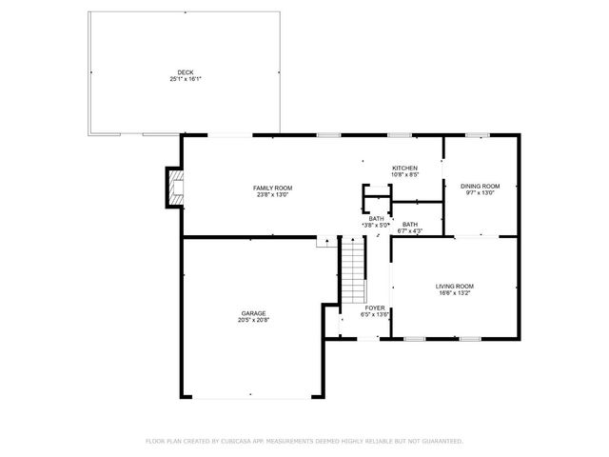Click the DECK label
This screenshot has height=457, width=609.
(x=185, y=72)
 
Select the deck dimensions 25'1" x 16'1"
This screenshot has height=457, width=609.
(x=185, y=79)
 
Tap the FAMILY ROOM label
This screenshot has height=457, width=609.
(x=271, y=188)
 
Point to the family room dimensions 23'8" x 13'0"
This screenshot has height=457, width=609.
(x=271, y=194)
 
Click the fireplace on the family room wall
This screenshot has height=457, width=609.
(x=172, y=188)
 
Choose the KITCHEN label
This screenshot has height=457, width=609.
(x=405, y=169)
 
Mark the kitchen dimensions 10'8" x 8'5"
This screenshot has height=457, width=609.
(x=405, y=175)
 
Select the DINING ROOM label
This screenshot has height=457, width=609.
(x=481, y=186)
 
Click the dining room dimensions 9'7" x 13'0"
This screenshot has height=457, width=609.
(x=481, y=192)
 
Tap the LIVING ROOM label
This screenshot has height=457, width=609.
(x=455, y=286)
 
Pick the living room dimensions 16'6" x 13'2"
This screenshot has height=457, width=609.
(x=455, y=292)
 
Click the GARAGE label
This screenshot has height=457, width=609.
(x=253, y=313)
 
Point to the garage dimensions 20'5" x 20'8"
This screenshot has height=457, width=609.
(x=253, y=320)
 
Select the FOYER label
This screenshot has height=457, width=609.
(x=375, y=308)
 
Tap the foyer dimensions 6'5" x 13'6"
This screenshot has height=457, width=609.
(x=375, y=314)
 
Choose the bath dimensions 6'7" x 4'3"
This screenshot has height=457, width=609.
(x=410, y=231)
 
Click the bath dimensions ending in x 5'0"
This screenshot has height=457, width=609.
(x=377, y=225)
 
